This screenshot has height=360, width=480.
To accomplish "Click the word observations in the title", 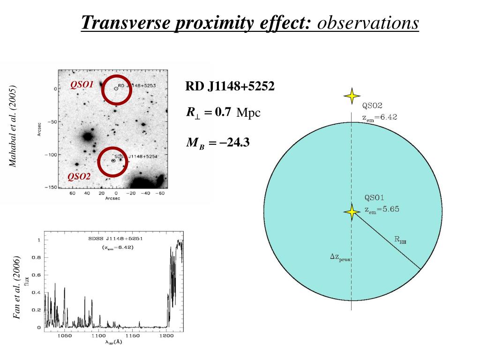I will click(367, 22).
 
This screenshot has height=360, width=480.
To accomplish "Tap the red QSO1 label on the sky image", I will click(82, 84).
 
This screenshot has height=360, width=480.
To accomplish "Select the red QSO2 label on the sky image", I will click(79, 176).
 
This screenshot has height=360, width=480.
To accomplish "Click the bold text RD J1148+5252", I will click(230, 87).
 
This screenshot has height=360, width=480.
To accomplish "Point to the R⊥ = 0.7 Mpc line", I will click(223, 112).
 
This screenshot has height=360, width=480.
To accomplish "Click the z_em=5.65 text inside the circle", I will click(382, 210).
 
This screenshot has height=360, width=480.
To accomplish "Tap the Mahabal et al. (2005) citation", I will click(14, 126).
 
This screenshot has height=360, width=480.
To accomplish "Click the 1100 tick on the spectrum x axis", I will click(98, 336).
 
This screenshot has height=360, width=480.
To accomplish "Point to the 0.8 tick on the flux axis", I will click(36, 257).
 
